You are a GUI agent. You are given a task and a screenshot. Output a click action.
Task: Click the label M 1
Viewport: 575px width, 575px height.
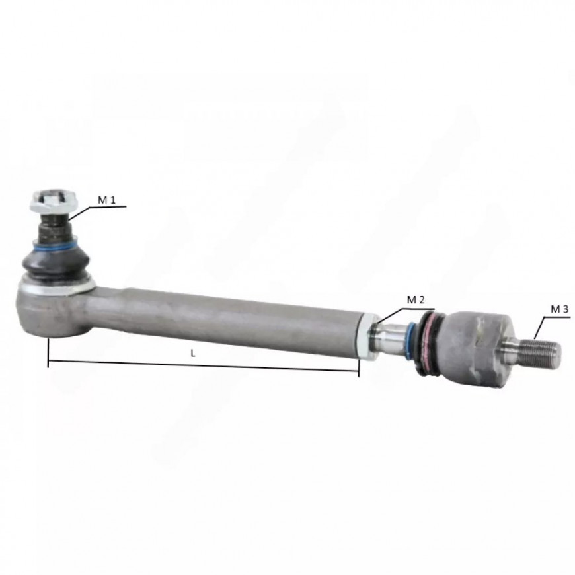[106, 200]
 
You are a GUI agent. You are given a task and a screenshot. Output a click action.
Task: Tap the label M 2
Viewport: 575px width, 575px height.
[416, 300]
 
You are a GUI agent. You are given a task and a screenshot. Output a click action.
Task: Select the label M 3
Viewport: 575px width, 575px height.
[560, 309]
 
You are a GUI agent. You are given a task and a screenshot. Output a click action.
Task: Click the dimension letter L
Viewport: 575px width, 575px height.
[193, 353]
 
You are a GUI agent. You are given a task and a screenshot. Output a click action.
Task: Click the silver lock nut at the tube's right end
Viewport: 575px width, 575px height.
[367, 336]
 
